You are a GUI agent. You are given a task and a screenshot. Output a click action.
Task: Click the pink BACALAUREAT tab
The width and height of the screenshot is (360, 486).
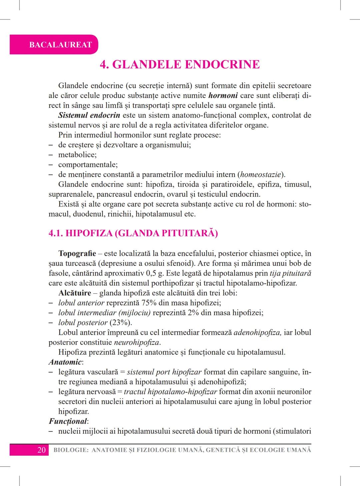pyautogui.click(x=60, y=45)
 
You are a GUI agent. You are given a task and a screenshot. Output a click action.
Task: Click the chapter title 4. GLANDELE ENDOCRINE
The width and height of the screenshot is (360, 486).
pyautogui.click(x=180, y=64)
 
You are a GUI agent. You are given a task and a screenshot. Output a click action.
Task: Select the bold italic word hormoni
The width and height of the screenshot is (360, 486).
pyautogui.click(x=223, y=96)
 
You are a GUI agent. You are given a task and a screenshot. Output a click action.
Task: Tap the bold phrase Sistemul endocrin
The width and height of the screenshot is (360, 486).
pyautogui.click(x=89, y=115)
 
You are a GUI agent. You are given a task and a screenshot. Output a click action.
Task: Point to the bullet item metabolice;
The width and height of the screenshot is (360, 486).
pyautogui.click(x=77, y=155)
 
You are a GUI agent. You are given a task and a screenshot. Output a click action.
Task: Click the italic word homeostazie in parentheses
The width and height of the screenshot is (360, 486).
pyautogui.click(x=260, y=175)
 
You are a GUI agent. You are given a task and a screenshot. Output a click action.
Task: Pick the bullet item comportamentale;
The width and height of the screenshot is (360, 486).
pyautogui.click(x=88, y=165)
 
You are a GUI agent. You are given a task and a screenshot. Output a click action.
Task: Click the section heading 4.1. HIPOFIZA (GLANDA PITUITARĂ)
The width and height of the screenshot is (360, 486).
pyautogui.click(x=133, y=233)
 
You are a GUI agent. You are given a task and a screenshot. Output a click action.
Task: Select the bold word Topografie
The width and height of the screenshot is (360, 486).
pyautogui.click(x=77, y=253)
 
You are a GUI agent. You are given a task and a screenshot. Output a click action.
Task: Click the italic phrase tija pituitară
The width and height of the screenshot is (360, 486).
pyautogui.click(x=290, y=273)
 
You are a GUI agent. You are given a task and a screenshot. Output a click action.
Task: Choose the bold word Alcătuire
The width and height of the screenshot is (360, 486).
pyautogui.click(x=75, y=293)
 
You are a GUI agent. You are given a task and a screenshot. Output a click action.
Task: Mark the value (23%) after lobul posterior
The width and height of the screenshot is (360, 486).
pyautogui.click(x=121, y=323)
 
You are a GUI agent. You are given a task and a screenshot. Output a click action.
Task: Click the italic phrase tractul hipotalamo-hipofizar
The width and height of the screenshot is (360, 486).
pyautogui.click(x=170, y=392)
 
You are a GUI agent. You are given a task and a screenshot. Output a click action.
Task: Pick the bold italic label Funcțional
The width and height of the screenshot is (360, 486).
pyautogui.click(x=68, y=421)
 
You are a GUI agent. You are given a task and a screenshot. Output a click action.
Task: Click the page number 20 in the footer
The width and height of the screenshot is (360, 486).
pyautogui.click(x=41, y=450)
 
